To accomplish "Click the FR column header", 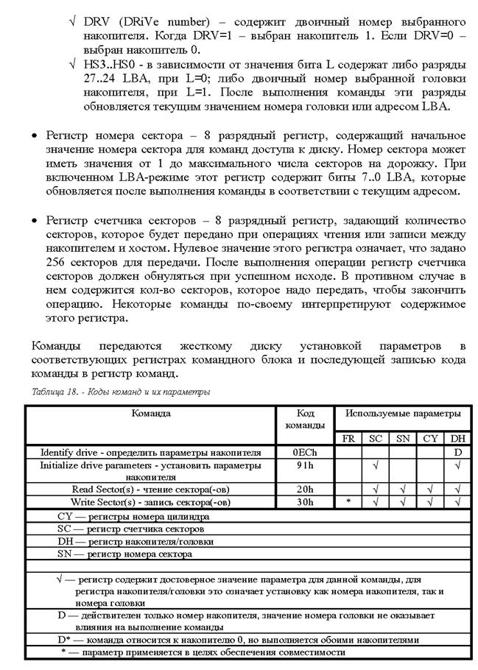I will click(x=348, y=438).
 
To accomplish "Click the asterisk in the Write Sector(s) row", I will click(x=348, y=502).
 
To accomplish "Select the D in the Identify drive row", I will click(x=457, y=451).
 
